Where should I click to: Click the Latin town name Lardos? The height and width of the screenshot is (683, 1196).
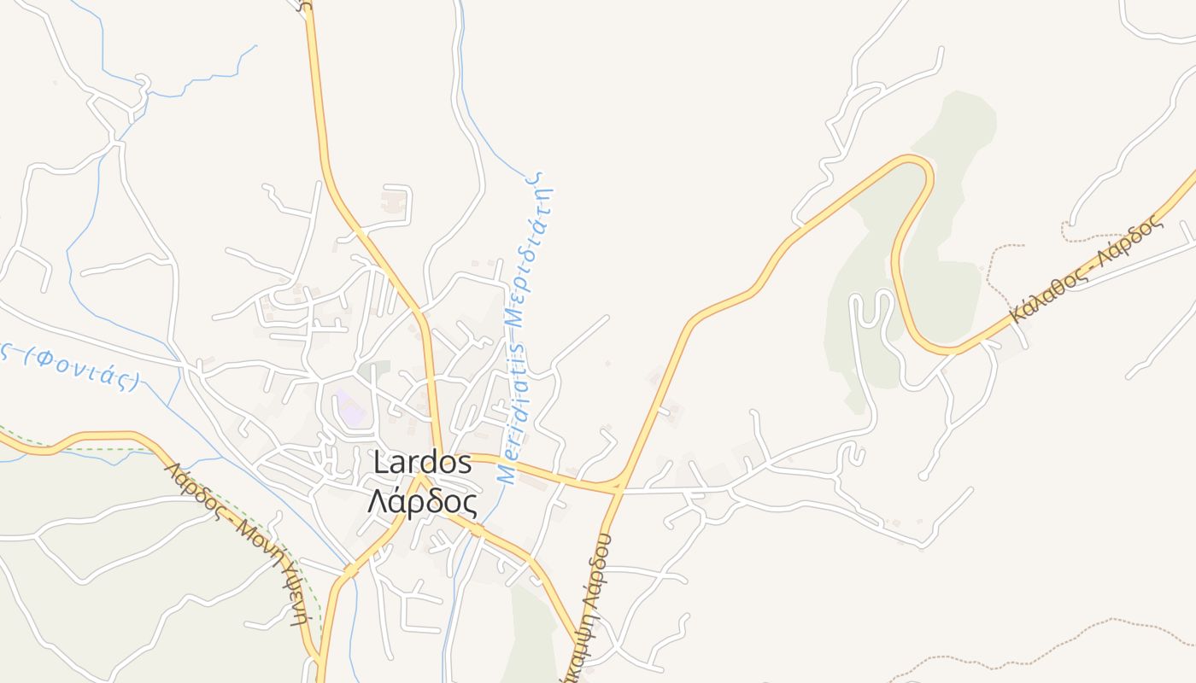click(423, 463)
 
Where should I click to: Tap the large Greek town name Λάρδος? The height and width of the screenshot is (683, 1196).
click(423, 501)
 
